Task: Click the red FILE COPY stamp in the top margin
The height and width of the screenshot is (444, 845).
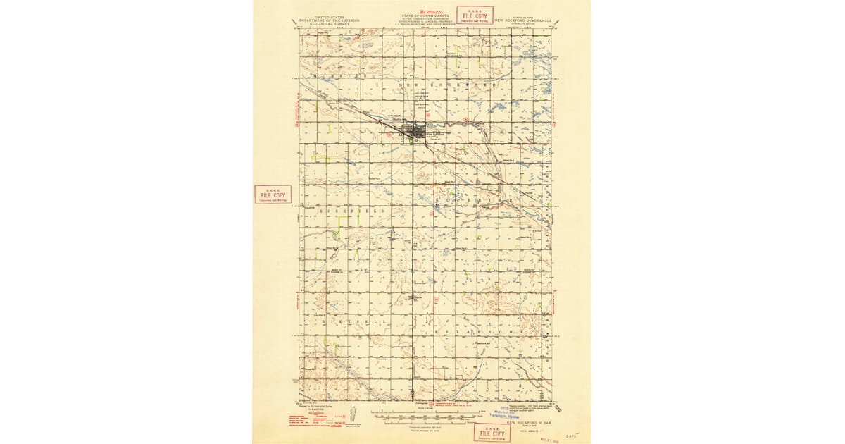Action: [x=475, y=15]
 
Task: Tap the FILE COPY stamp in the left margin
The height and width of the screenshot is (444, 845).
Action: [x=273, y=195]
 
